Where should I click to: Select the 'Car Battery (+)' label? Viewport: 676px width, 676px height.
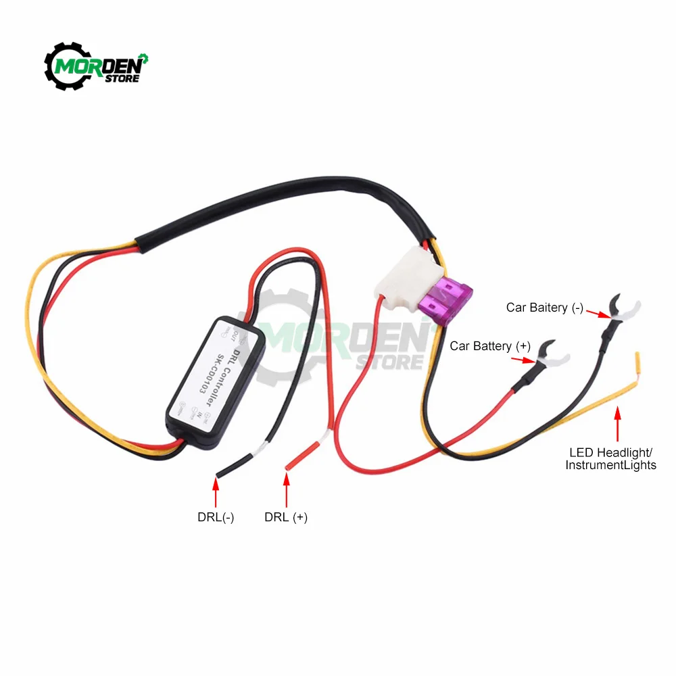point(490,346)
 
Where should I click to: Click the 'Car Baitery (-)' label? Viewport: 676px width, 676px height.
point(545,308)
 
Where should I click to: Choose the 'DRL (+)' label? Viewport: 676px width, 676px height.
point(286,517)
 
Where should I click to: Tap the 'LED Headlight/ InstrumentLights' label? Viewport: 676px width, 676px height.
point(610,458)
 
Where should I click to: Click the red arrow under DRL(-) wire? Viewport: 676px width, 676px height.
point(216,491)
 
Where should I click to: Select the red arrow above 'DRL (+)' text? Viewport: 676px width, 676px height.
point(287,490)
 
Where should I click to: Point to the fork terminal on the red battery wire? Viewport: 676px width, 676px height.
point(551,358)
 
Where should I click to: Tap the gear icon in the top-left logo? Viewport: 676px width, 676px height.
point(66,66)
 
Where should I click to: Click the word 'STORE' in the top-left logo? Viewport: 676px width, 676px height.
point(122,78)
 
